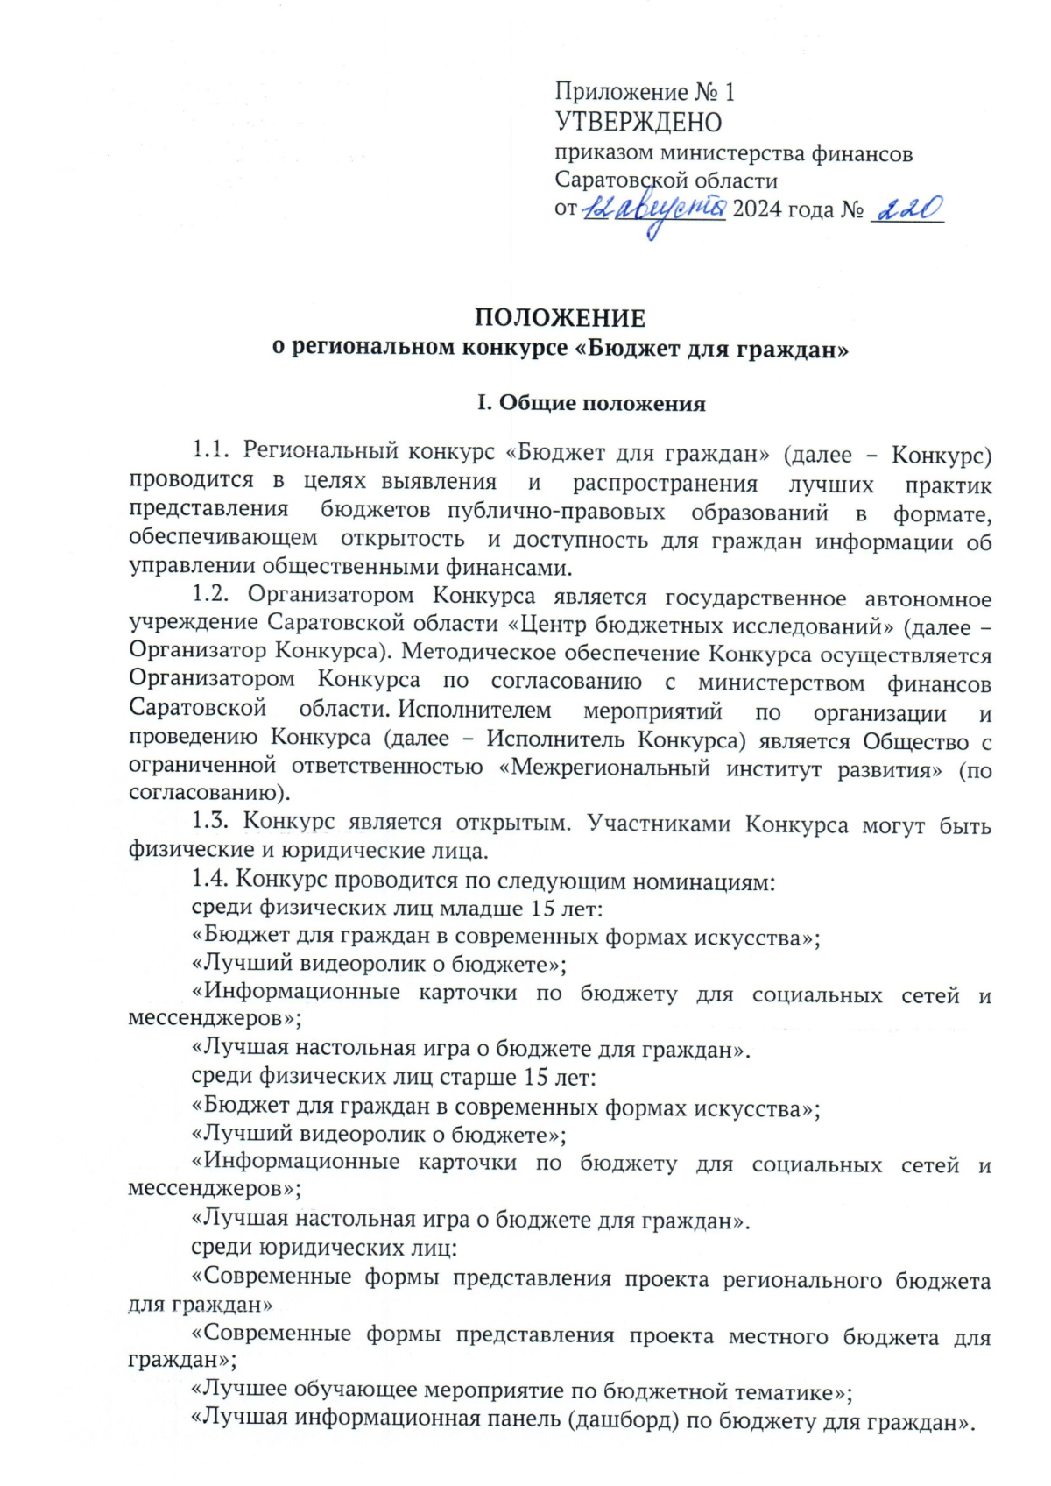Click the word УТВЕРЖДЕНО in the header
tap(638, 123)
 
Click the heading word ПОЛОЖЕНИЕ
tap(560, 317)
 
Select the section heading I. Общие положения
tap(591, 403)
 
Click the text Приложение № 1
tap(644, 92)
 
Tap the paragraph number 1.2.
tap(210, 595)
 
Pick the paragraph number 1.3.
tap(210, 822)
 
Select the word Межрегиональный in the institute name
tap(610, 769)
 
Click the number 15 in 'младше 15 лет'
tap(543, 908)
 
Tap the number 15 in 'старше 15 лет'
tap(537, 1077)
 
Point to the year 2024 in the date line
tap(758, 209)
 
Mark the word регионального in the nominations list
tap(801, 1280)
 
